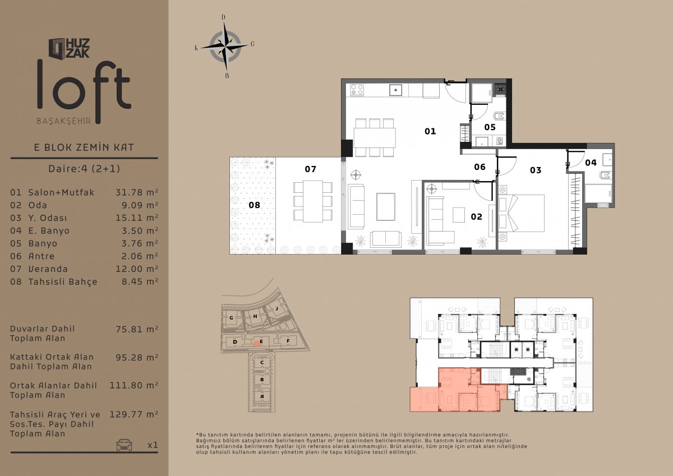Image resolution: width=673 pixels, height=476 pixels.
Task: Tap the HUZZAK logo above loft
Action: pos(69,49)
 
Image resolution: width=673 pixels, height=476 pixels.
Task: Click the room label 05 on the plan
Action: pos(490,127)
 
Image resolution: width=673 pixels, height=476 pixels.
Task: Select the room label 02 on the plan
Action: pos(477,216)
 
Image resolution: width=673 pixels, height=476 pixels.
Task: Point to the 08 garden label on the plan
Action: pos(254,205)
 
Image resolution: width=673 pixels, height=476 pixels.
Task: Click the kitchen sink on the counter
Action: pos(396,90)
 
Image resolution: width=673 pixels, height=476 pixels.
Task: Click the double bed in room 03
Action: pos(521,213)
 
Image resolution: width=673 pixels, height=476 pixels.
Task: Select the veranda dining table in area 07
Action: pos(313,201)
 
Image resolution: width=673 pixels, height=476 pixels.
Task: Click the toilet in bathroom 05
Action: pos(500,115)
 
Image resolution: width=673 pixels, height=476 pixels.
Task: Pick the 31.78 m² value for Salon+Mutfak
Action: pos(137,192)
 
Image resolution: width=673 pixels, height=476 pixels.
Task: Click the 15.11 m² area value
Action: pos(137,218)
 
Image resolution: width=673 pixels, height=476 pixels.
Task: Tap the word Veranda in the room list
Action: pos(48,269)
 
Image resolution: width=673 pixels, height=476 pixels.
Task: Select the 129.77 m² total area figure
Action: pos(133,414)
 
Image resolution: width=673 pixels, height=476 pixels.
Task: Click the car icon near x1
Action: pos(124,445)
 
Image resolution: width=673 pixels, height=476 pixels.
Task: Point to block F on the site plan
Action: pos(288,341)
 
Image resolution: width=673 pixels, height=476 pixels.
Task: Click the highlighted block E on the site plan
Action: pos(257,343)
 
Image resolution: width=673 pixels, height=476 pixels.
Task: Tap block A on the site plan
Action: pos(262,396)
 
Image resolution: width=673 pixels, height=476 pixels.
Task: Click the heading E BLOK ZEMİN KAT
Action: pos(84,147)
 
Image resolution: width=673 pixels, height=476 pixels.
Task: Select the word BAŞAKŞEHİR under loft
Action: pos(64,121)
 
